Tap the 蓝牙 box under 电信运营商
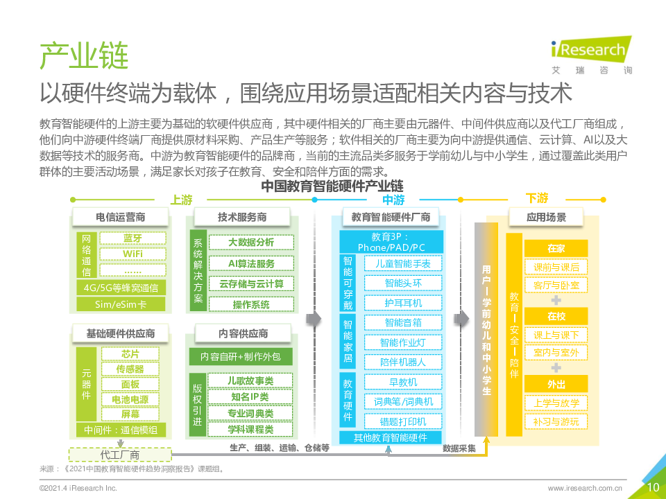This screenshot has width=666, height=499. (x=133, y=238)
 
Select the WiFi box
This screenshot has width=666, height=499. (x=133, y=254)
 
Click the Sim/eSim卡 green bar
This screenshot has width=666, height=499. (x=121, y=304)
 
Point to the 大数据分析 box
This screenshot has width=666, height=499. (x=251, y=243)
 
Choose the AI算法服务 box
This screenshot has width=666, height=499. (x=251, y=263)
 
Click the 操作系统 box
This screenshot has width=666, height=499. (x=251, y=304)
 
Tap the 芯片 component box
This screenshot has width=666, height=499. (x=130, y=354)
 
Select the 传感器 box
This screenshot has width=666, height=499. (x=130, y=369)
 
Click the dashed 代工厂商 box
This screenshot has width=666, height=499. (x=120, y=455)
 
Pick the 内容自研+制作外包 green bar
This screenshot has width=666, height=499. (x=241, y=357)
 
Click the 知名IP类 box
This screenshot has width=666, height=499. (x=250, y=396)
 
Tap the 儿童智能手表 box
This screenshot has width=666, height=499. (x=402, y=263)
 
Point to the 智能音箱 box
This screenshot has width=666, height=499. (x=402, y=322)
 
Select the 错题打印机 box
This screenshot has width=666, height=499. (x=402, y=421)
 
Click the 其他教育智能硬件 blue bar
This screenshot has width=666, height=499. (x=391, y=437)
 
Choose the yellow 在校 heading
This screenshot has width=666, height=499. (x=556, y=316)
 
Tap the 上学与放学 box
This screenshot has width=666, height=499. (x=556, y=403)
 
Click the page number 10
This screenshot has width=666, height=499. (x=653, y=487)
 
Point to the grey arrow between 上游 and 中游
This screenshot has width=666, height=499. (x=314, y=319)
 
